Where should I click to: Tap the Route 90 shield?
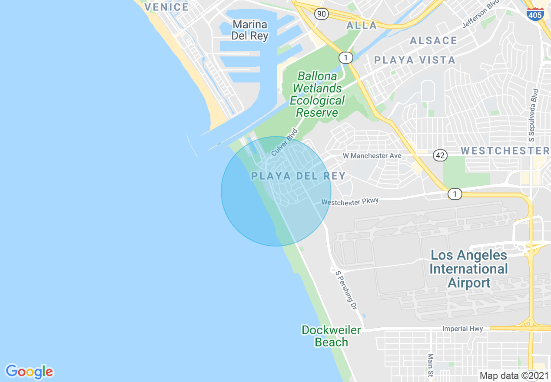tap(321, 14)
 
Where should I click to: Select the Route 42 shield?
tap(440, 155)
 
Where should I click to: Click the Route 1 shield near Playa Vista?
tap(345, 57)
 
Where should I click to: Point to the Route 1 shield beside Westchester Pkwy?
tap(455, 194)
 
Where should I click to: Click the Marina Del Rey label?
tap(250, 30)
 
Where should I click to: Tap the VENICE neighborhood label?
tap(166, 7)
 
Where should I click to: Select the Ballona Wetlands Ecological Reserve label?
tap(317, 95)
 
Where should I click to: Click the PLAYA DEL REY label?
tap(299, 176)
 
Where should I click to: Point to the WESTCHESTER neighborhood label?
tap(505, 151)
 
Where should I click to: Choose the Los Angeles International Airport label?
tap(469, 269)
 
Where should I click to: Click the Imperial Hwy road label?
tap(462, 329)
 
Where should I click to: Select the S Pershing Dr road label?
tap(346, 290)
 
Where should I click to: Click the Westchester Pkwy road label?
tap(350, 201)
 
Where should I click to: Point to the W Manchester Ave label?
tap(372, 155)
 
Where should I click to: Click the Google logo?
tap(29, 372)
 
